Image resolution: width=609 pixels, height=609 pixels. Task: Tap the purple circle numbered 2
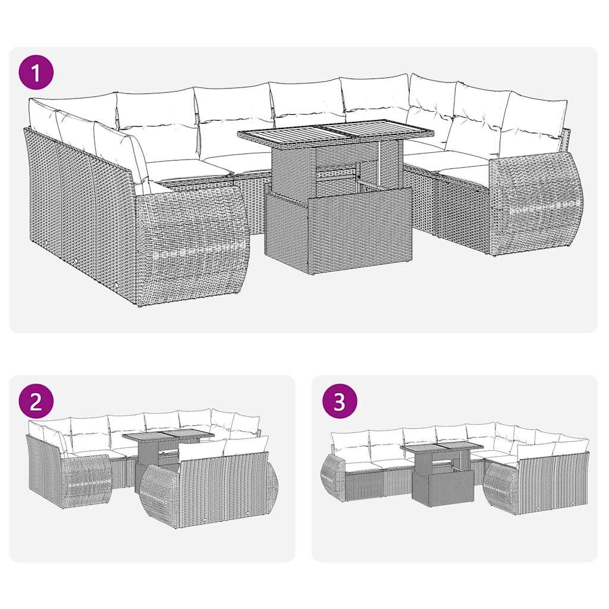pos(36,402)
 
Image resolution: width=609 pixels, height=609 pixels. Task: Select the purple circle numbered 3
pos(339,402)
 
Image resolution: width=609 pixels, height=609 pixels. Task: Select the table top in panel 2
pos(161,437)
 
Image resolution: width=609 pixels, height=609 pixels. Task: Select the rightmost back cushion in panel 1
pos(535,116)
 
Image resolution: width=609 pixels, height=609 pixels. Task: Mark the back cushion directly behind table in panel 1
pos(306,101)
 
